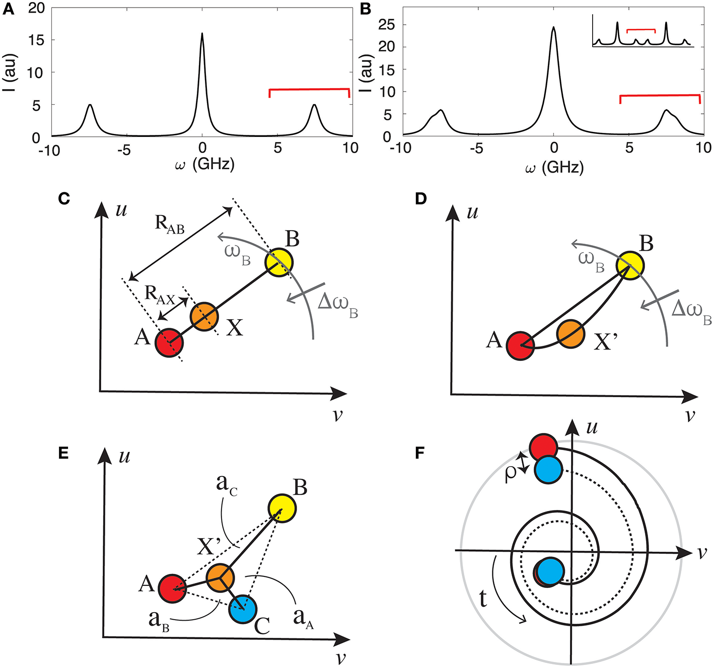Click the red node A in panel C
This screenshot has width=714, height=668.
[x=169, y=343]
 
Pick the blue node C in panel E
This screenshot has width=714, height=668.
[x=243, y=609]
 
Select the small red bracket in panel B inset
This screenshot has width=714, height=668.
[x=640, y=30]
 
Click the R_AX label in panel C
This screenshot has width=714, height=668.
[x=159, y=295]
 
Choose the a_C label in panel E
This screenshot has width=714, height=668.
[x=227, y=484]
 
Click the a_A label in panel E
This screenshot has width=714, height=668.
[x=303, y=618]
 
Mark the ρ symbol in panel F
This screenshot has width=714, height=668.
[x=511, y=473]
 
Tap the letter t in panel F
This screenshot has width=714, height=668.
[x=483, y=599]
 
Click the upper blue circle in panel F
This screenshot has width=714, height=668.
[x=548, y=470]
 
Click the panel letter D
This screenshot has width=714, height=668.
[x=420, y=199]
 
